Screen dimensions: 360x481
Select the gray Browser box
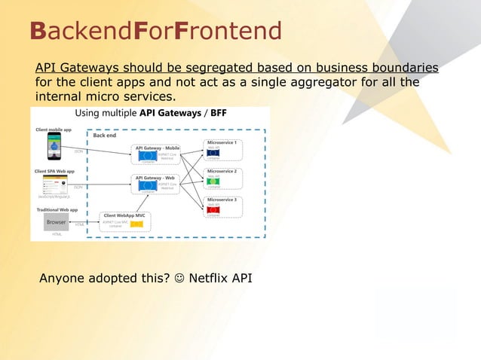tap(57, 222)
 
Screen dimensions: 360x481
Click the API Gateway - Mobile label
tap(158, 148)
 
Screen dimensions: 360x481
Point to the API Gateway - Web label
tap(155, 178)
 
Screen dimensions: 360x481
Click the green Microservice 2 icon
tap(213, 182)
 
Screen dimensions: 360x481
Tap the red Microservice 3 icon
tap(213, 210)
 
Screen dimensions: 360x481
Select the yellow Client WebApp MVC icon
tap(137, 224)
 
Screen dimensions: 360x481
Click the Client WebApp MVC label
tap(125, 215)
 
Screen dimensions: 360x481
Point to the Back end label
tap(105, 136)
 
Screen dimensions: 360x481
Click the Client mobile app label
tap(54, 130)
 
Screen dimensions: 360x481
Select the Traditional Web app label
tap(57, 209)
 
